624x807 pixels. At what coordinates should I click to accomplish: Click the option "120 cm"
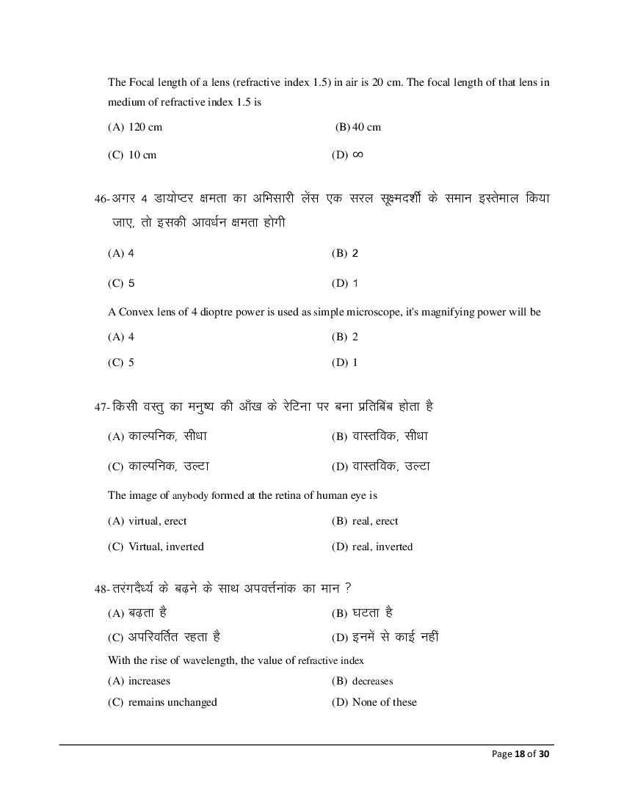[145, 127]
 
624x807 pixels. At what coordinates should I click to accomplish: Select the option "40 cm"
[366, 127]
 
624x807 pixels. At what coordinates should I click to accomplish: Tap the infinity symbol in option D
[358, 154]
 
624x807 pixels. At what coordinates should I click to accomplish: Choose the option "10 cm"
[142, 155]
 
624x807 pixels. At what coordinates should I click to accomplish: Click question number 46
[101, 200]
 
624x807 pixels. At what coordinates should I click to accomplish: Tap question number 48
[101, 589]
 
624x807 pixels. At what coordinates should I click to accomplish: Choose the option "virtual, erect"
[157, 521]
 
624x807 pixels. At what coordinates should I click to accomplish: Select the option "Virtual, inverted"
[166, 547]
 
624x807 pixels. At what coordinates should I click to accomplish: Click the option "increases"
[149, 681]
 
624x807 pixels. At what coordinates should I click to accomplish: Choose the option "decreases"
[372, 681]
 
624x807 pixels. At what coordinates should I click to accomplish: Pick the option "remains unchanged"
[173, 702]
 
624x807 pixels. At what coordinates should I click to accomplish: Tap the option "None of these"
[384, 702]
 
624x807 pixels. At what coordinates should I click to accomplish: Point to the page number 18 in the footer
[520, 753]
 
